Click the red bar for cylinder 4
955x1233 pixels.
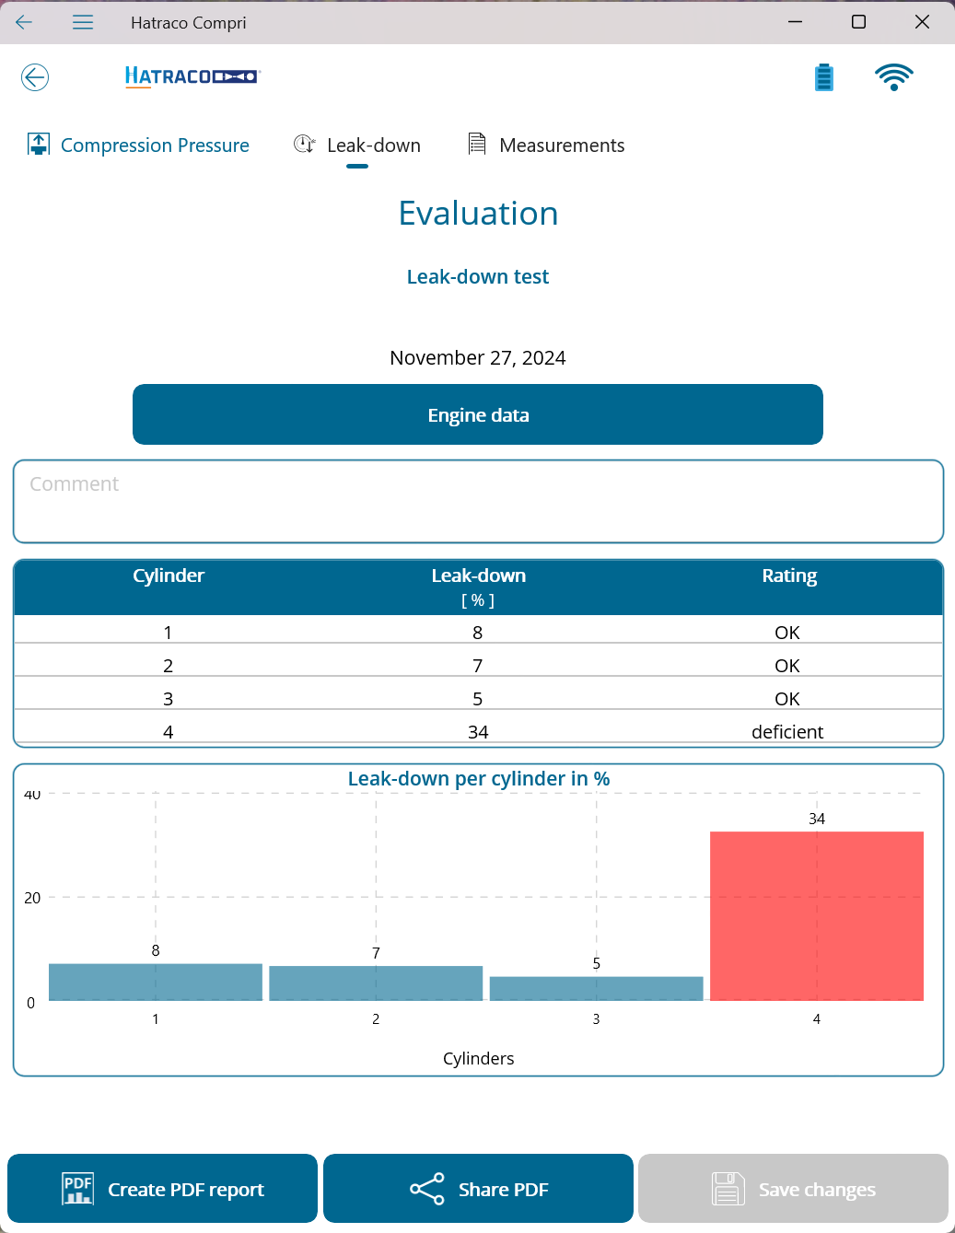tap(817, 916)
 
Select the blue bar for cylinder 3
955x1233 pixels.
tap(597, 988)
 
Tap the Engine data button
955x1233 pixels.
tap(478, 414)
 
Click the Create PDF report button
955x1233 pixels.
tap(162, 1189)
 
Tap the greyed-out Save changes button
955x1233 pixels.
tap(793, 1189)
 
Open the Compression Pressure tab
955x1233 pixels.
tap(138, 145)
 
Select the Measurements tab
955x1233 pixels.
tap(546, 145)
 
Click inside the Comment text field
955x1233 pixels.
tap(478, 502)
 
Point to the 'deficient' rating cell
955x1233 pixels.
tap(787, 732)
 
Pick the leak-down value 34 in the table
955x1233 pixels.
tap(478, 732)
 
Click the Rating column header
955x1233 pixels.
tap(789, 576)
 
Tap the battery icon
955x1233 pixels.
tap(824, 77)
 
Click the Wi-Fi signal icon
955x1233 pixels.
tap(893, 77)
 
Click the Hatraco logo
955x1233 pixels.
tap(192, 76)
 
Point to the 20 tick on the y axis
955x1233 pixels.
tap(32, 898)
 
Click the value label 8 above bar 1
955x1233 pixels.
tap(156, 950)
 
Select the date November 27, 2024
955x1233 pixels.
tap(478, 358)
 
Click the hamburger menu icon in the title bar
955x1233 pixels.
tap(83, 22)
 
